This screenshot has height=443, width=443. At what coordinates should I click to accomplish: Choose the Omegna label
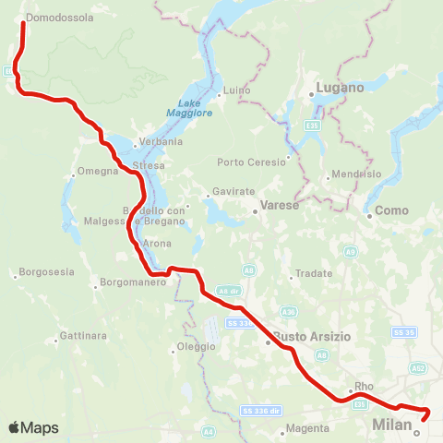(x=98, y=171)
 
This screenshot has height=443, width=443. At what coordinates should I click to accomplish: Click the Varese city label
(x=281, y=205)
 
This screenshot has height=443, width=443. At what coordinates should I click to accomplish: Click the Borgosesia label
(x=44, y=275)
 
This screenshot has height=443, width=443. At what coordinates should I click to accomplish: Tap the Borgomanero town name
(x=132, y=281)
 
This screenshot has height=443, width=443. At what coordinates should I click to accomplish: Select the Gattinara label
(x=83, y=334)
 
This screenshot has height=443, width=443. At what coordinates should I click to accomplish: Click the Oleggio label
(x=197, y=347)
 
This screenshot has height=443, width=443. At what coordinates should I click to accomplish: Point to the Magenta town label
(x=308, y=428)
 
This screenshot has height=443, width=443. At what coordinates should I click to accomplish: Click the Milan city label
(x=389, y=425)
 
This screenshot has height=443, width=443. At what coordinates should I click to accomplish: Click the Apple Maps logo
(x=34, y=427)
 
